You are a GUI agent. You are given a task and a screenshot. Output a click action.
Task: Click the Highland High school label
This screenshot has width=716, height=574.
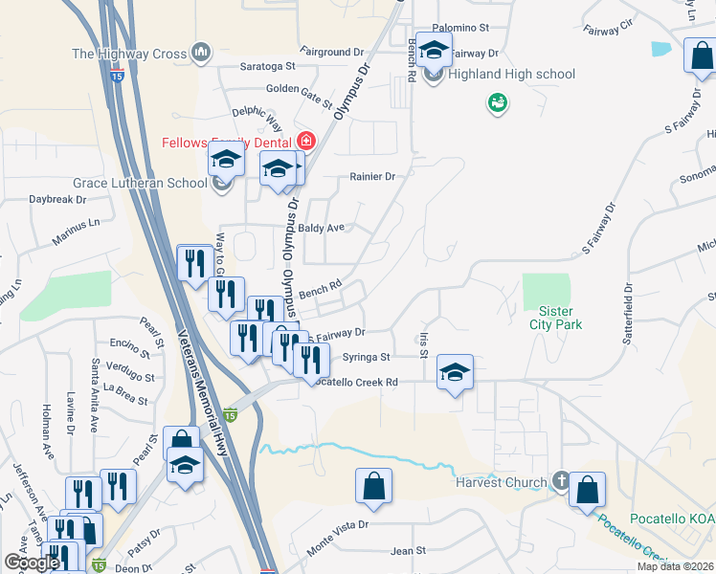[x=512, y=74]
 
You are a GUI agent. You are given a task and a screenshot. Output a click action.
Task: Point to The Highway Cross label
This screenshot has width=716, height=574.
[x=129, y=54]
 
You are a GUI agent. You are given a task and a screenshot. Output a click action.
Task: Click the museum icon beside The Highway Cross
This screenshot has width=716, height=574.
[x=201, y=53]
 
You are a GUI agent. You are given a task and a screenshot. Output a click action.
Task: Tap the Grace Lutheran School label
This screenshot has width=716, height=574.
[x=141, y=182]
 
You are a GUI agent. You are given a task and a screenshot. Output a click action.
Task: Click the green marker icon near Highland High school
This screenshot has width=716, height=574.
[x=497, y=101]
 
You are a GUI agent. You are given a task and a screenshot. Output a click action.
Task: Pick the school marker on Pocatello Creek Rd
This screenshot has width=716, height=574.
[x=456, y=371]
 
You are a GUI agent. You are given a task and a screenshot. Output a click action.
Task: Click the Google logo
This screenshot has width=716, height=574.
[x=32, y=563]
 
